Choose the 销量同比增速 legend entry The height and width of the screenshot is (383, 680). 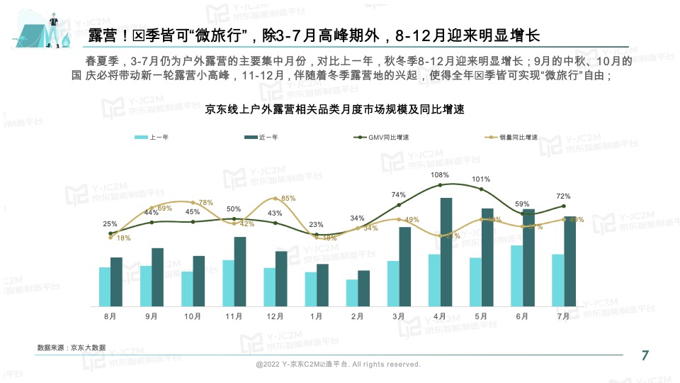(512, 138)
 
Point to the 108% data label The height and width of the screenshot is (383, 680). (440, 175)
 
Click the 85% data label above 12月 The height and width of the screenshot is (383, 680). (288, 199)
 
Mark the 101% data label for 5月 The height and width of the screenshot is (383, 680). (482, 179)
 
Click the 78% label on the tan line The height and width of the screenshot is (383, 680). (205, 203)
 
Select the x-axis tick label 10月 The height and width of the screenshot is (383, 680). (193, 317)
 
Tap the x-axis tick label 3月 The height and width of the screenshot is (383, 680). (398, 317)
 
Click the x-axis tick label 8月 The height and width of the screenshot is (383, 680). (110, 317)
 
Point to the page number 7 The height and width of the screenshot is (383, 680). (645, 356)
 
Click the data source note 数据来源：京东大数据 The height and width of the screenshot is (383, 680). (72, 348)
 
